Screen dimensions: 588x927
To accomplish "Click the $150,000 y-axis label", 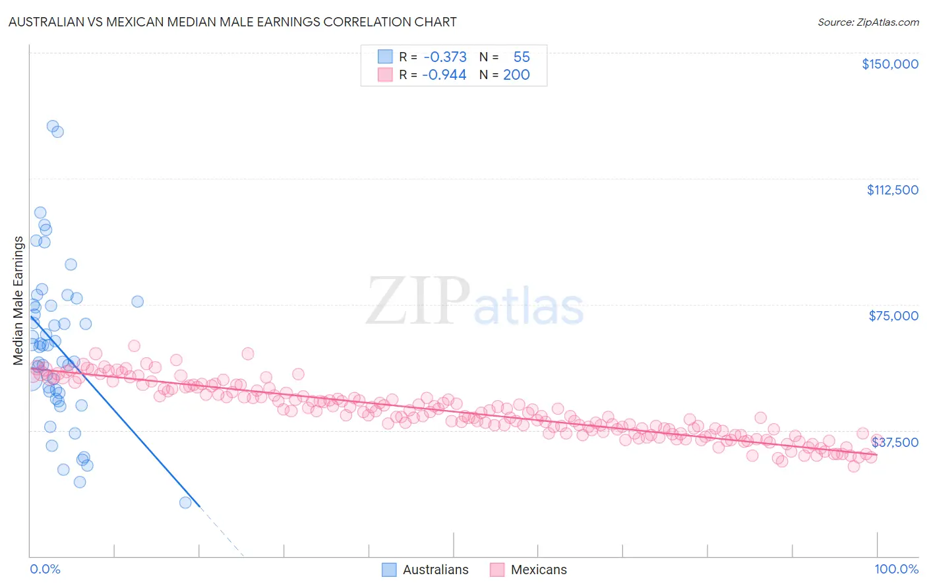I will coord(889,64).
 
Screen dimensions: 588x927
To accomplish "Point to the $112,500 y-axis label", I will coord(892,190).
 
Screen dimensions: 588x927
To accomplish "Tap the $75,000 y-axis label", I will coord(893,316).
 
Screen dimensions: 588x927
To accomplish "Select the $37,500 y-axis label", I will coord(895,442).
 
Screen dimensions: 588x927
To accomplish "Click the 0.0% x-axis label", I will coord(45,570).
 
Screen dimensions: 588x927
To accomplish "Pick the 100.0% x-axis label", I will coord(896,570).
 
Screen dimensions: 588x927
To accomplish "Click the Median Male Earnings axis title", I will coord(18,301).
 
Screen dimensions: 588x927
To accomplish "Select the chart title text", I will coord(232,22).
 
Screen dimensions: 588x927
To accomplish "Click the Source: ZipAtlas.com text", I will coord(868,22).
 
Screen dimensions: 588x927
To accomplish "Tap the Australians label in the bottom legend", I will coord(435,570).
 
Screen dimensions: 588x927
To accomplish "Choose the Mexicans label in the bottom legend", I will coord(538,570).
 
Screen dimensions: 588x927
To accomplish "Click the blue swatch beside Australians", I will coord(389,570).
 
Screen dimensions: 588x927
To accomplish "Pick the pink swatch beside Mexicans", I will coord(497,570).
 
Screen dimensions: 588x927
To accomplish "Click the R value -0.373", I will coord(445,57).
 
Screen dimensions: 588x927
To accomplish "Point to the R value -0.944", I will coord(445,74).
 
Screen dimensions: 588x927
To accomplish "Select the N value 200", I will coord(516,74).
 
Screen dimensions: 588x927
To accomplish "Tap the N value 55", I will coord(522,57).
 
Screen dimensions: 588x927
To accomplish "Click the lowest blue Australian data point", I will coord(185,503).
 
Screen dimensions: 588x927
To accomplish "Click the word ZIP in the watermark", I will coord(417,301).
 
